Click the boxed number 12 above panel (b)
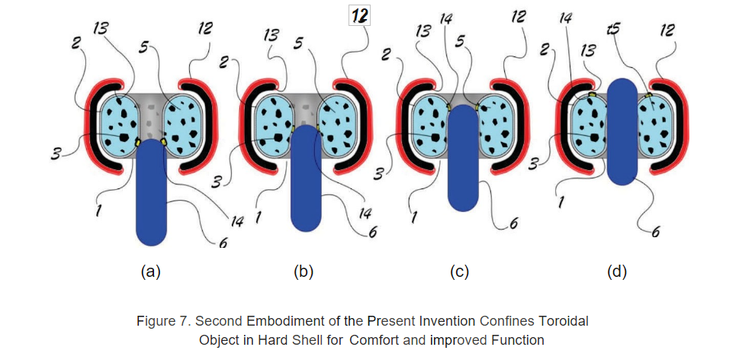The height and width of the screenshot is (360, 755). [360, 17]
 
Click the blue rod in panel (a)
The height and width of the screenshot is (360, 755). [151, 192]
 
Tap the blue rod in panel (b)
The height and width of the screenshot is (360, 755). [306, 178]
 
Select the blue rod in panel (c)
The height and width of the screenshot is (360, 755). [463, 158]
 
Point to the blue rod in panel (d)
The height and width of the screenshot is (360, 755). [622, 132]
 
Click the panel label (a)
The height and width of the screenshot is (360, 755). [150, 272]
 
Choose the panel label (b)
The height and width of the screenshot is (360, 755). [304, 272]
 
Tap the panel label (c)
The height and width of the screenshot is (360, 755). [459, 272]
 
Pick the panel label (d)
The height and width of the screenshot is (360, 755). [617, 272]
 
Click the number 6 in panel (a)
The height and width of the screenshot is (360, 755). [223, 243]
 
